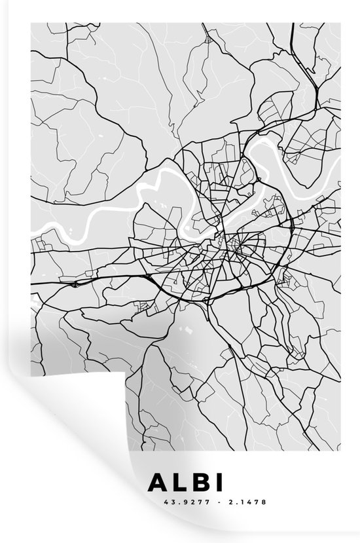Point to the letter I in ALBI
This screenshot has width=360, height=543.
(x=218, y=483)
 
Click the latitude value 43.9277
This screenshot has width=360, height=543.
(x=167, y=503)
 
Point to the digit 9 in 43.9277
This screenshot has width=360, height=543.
(x=166, y=503)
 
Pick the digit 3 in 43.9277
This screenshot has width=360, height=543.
(x=157, y=503)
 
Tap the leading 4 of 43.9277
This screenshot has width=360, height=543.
(x=153, y=503)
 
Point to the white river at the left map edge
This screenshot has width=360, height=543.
(x=49, y=229)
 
